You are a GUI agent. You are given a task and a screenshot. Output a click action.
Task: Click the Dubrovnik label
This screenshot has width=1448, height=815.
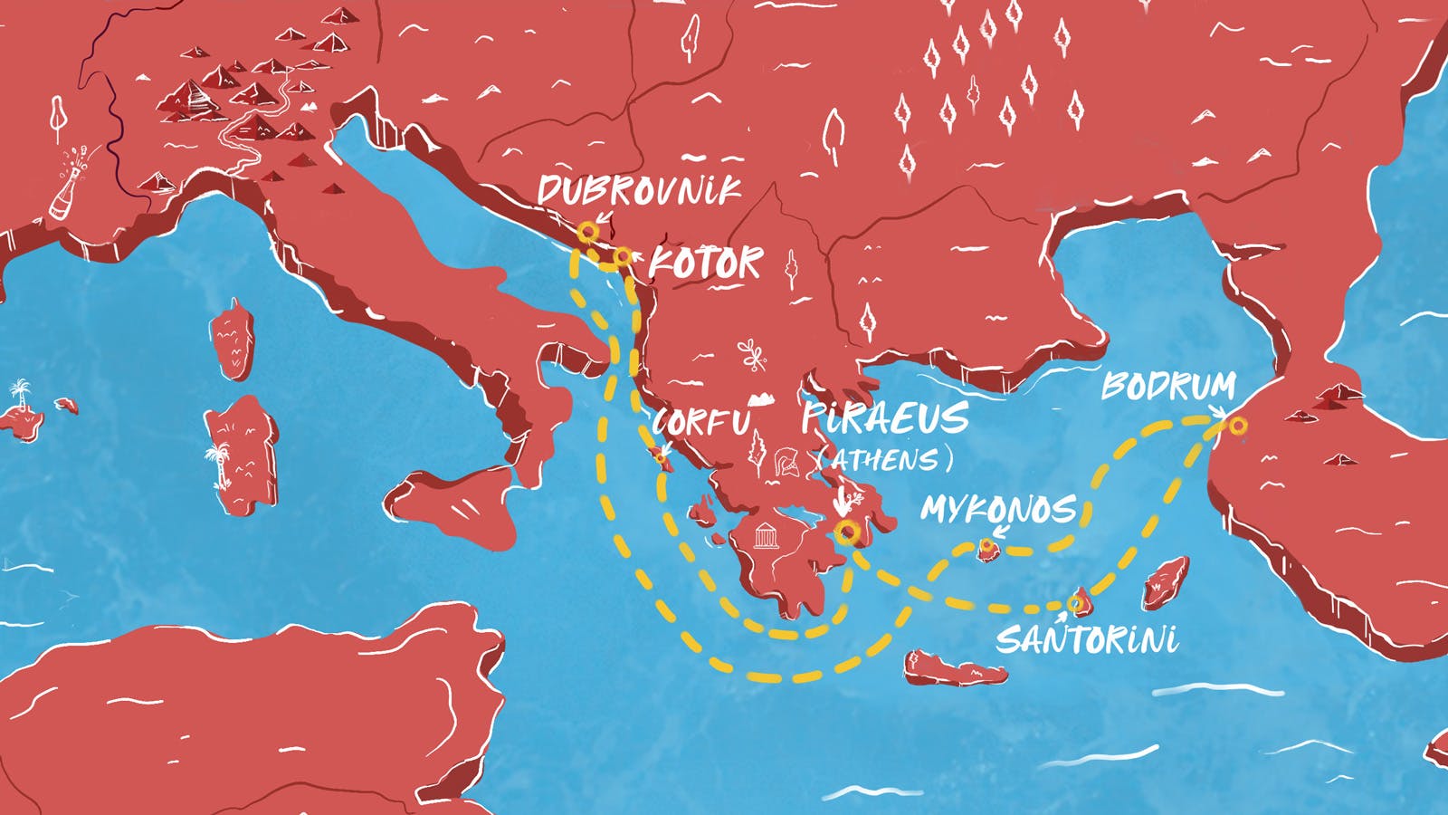point(639,190)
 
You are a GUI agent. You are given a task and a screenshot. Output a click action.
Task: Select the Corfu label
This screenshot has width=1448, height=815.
point(701,422)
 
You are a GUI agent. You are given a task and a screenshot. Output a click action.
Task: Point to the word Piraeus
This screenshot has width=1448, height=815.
point(884,418)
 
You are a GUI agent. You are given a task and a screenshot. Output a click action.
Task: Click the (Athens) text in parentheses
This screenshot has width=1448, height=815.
point(884,460)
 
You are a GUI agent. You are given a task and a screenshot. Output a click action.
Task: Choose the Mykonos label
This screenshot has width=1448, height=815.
point(998,509)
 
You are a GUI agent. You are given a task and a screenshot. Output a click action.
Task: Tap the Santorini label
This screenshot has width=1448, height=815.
point(1087,639)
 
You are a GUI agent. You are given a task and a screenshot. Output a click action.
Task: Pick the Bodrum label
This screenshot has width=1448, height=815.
point(1168,387)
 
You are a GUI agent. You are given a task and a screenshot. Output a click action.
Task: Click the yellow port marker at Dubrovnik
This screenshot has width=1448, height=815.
point(587,232)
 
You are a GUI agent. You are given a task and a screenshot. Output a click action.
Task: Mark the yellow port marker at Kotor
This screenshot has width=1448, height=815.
point(623,257)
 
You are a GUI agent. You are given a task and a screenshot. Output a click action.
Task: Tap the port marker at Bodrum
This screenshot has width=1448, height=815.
point(1238,426)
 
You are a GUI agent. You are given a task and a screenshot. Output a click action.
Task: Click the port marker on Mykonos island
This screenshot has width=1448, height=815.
point(986,547)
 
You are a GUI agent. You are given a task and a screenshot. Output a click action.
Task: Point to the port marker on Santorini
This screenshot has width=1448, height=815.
point(1075,603)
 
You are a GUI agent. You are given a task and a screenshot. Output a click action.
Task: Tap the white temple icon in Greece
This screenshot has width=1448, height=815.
point(766,536)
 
